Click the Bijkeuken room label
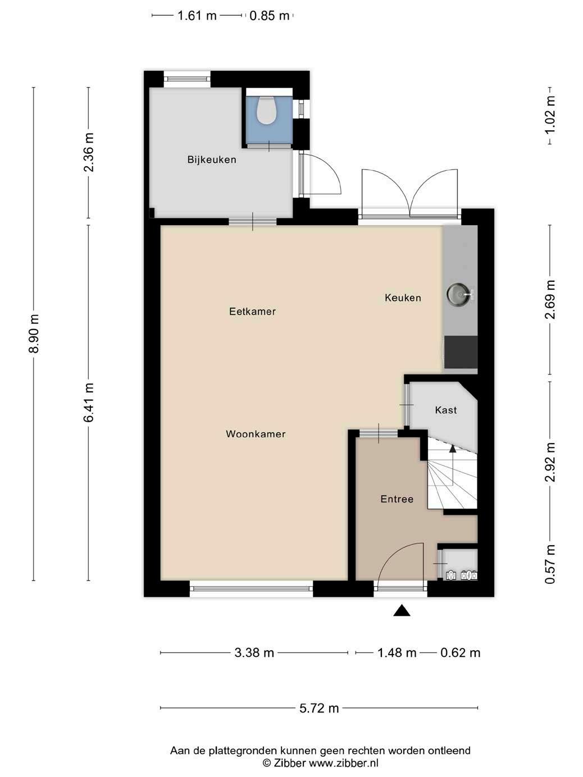point(212,159)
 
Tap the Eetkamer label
point(252,312)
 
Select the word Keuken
point(403,298)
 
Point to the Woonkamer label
point(256,434)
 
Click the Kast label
point(445,410)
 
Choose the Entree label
point(397,499)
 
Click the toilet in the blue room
point(267,110)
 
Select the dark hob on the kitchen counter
point(461,352)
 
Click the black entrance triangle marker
point(402,611)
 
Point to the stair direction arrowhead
point(452,448)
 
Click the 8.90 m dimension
point(34,333)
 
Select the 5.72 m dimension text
point(319,708)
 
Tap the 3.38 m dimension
point(254,652)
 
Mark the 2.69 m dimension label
point(550,299)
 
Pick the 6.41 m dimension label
point(89,402)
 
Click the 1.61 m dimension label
point(197,16)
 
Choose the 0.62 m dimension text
point(460,652)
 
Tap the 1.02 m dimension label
point(550,115)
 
